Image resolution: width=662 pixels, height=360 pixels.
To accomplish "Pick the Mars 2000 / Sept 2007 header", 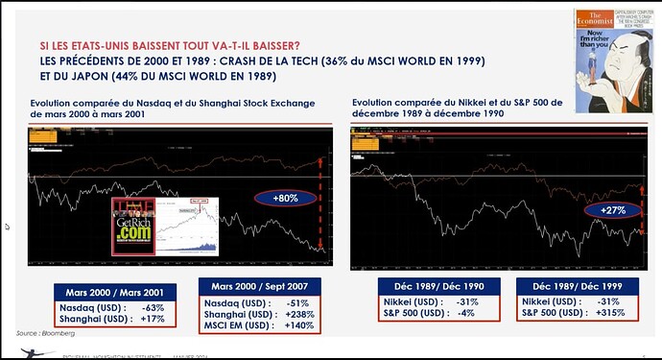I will [x=259, y=285].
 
